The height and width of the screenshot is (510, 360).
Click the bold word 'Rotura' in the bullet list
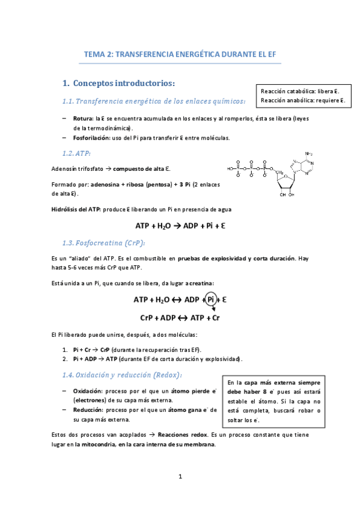click(x=83, y=119)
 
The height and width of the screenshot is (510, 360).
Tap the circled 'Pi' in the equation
click(x=212, y=299)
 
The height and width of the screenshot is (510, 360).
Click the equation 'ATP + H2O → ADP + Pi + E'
click(x=180, y=227)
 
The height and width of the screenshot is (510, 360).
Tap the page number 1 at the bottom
click(x=180, y=477)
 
